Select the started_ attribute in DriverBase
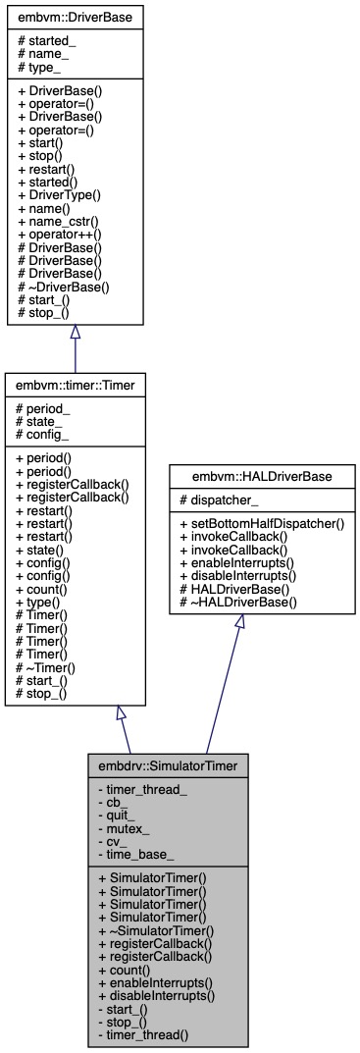49,41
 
